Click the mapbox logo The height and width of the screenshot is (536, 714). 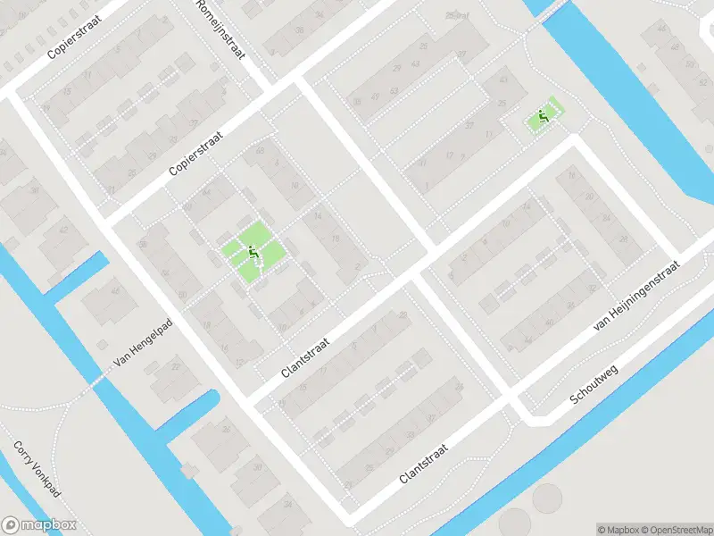click(38, 524)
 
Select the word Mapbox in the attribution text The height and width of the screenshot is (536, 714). click(622, 529)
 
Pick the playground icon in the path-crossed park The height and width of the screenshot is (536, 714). click(253, 255)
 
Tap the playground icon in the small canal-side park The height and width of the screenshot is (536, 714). click(542, 116)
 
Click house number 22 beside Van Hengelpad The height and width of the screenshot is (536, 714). click(174, 367)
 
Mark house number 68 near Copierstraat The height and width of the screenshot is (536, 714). click(260, 150)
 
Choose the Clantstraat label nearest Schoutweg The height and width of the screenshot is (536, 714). click(423, 458)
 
